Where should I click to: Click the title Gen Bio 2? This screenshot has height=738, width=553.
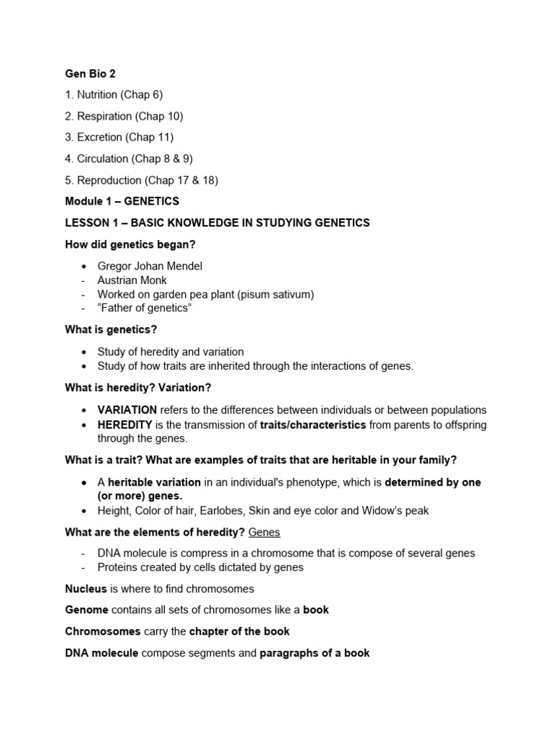[90, 74]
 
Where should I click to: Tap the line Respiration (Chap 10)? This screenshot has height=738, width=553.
[124, 116]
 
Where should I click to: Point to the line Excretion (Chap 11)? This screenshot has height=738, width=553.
[119, 137]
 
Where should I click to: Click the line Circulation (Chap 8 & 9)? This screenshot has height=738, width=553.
[129, 159]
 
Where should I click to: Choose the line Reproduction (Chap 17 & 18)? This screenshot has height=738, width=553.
[141, 180]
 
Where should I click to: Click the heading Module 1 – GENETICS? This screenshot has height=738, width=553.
[122, 201]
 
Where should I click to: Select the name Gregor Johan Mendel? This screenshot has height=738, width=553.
[150, 266]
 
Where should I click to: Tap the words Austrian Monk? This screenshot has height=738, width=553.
[132, 280]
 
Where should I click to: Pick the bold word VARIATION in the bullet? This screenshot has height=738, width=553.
[127, 409]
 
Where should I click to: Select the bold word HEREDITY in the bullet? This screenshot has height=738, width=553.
[125, 424]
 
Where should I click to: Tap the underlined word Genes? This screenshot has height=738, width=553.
[264, 532]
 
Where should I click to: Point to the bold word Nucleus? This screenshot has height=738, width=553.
[86, 589]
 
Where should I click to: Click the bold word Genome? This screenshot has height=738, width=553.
[86, 610]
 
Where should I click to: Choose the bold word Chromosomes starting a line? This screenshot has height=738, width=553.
[103, 631]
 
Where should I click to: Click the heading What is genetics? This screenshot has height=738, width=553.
[111, 329]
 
